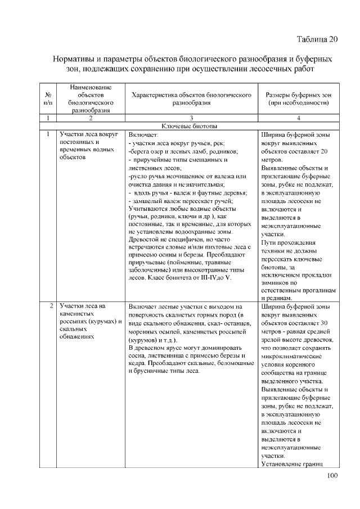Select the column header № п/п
[48, 99]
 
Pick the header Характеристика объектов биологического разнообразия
[191, 99]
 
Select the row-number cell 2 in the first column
[51, 307]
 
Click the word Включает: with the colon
[144, 135]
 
